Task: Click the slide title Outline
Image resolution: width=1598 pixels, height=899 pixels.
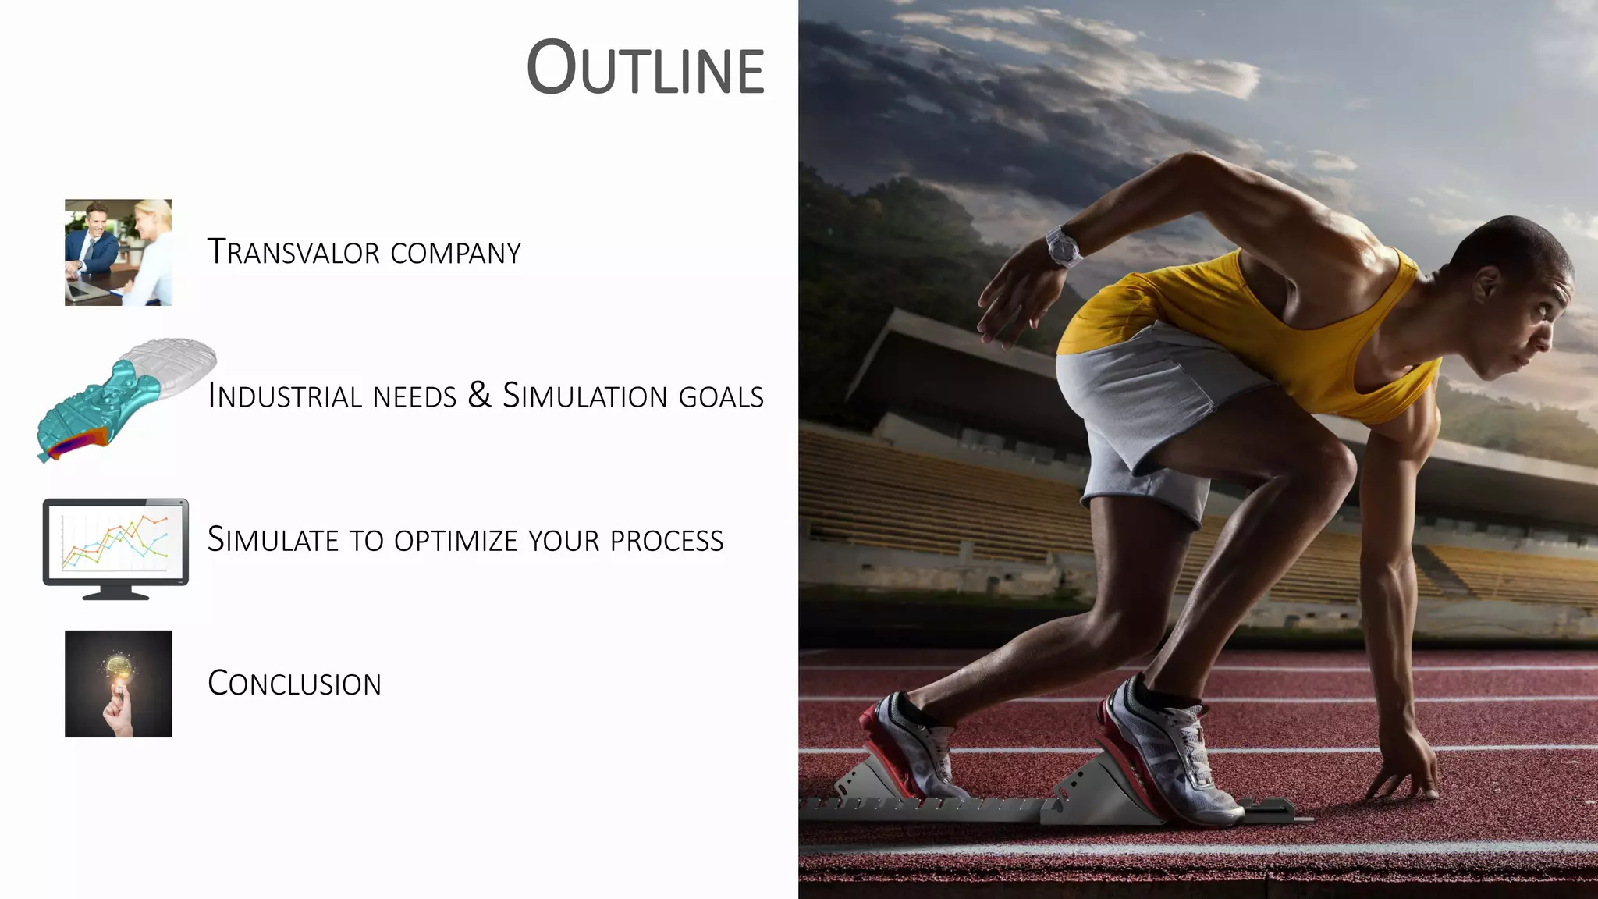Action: [645, 69]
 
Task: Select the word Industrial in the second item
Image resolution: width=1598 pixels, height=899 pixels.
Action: [286, 396]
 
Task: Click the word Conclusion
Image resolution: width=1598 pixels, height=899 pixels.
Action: [294, 684]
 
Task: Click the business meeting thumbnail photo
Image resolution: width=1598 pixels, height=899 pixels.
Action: [118, 252]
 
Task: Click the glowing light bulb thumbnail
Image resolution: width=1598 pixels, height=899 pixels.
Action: [118, 684]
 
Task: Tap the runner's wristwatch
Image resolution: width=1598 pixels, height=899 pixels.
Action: [1063, 245]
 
